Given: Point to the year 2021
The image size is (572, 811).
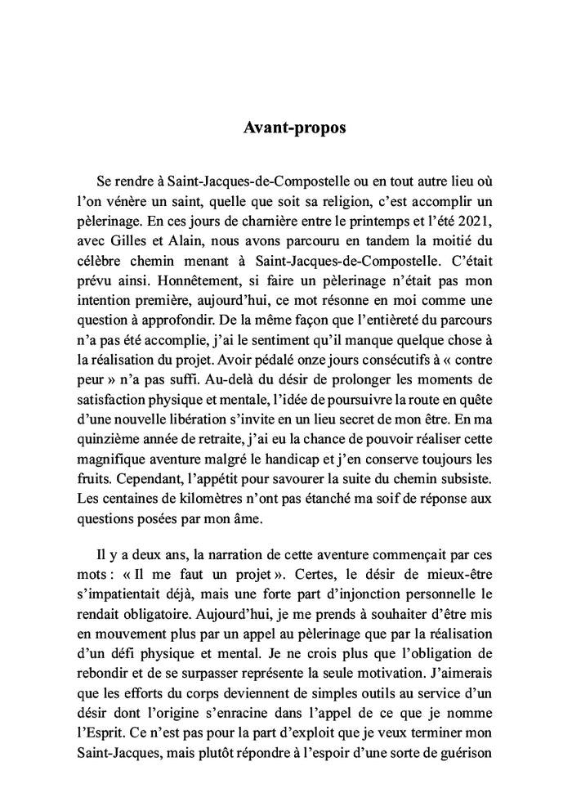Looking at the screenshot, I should (479, 221).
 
